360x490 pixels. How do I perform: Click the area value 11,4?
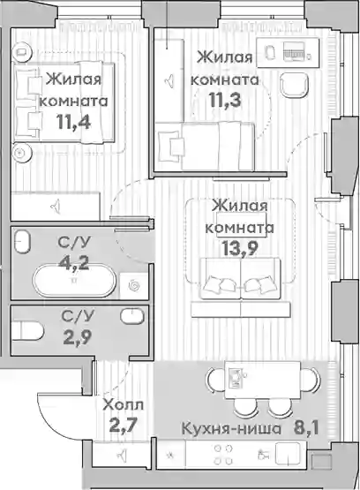(74, 122)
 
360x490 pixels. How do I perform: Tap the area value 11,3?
(225, 101)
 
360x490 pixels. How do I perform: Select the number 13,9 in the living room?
(240, 249)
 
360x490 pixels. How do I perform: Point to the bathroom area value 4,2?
(75, 263)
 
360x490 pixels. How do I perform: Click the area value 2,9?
(78, 337)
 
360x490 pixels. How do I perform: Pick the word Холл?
(124, 405)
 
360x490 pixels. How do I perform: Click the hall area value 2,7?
(123, 426)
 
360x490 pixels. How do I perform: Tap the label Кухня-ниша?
(231, 428)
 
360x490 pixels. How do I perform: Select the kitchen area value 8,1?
(306, 428)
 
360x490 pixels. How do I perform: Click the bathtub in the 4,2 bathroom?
(74, 280)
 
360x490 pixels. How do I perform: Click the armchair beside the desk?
(294, 86)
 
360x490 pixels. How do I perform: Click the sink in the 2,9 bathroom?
(132, 316)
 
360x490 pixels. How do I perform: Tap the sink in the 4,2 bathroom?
(22, 241)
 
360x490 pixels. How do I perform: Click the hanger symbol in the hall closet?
(123, 455)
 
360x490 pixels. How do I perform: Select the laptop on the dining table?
(235, 377)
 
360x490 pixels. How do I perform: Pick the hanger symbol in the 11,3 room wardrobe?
(169, 81)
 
